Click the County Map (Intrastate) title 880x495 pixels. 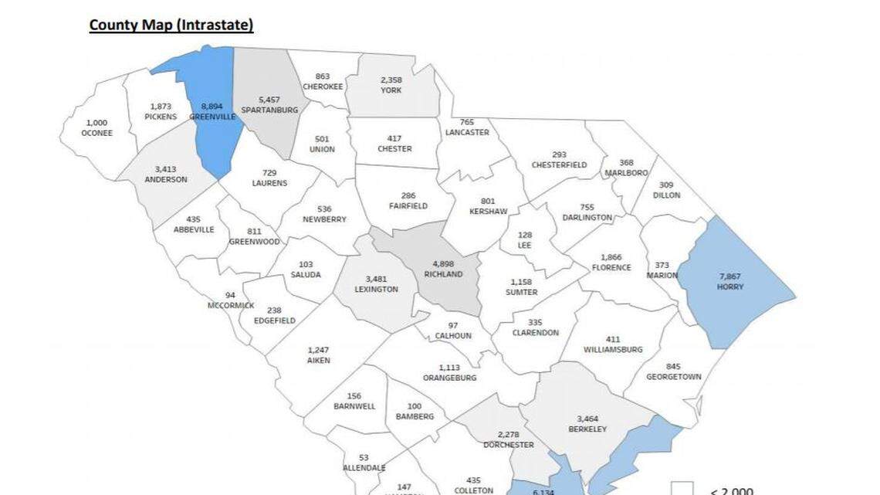click(x=171, y=25)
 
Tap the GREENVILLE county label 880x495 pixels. click(x=212, y=117)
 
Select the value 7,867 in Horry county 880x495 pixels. click(x=730, y=276)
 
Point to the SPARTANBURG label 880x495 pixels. click(x=269, y=110)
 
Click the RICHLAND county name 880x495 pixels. click(x=443, y=274)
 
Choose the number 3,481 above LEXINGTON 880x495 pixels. click(x=376, y=279)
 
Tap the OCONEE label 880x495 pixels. click(x=97, y=133)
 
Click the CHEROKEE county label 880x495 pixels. click(x=323, y=87)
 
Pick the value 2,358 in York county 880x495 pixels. click(x=391, y=80)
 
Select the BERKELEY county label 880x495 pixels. click(x=587, y=429)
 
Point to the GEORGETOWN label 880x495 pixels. click(x=674, y=377)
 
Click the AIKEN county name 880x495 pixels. click(x=318, y=361)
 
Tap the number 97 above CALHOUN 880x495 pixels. click(x=452, y=326)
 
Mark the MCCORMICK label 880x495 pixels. click(x=230, y=306)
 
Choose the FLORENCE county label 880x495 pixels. click(x=611, y=268)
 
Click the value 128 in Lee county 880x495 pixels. click(x=526, y=235)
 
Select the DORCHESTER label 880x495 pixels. click(x=509, y=445)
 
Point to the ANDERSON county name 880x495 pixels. click(x=166, y=179)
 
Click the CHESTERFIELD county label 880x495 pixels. click(x=559, y=165)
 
